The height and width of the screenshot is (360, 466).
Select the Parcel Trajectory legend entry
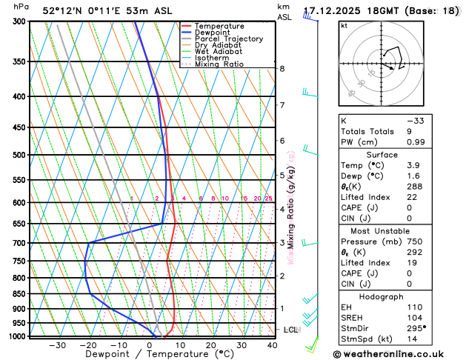tap(222, 39)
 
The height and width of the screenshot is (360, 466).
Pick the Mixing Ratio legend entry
tap(216, 64)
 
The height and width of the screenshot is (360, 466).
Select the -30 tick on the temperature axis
tap(57, 345)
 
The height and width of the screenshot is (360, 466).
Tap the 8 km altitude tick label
tap(282, 69)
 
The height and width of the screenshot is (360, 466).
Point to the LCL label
tap(291, 330)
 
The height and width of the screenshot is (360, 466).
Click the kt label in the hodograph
tap(344, 25)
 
